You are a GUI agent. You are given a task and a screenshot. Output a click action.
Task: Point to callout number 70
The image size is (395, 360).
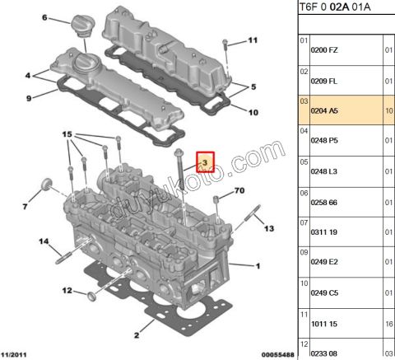(x=239, y=191)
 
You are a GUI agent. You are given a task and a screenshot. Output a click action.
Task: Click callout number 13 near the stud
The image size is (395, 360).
(x=267, y=230)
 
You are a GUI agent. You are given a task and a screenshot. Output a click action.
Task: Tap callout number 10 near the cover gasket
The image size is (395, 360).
(x=252, y=112)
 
